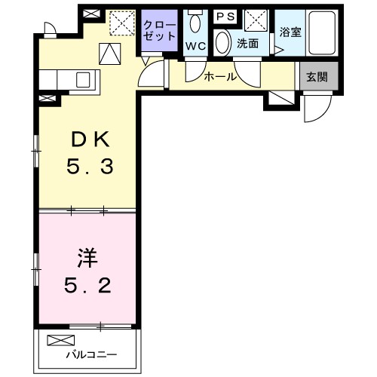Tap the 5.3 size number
(x=90, y=167)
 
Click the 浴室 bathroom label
(x=289, y=32)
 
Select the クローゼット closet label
(x=161, y=30)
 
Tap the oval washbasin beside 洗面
(x=223, y=43)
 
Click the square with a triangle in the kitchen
(x=110, y=53)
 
